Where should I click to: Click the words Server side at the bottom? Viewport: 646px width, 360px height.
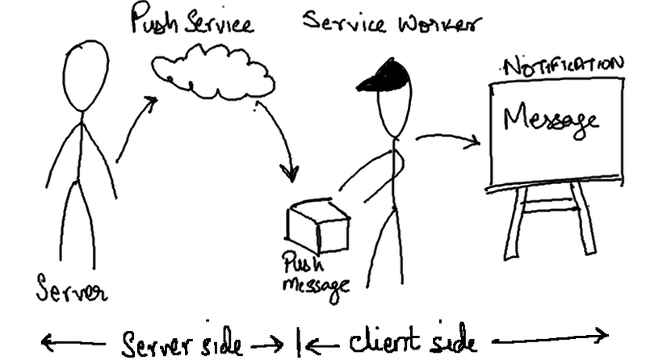pyautogui.click(x=182, y=342)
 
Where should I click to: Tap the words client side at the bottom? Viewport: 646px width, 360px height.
pyautogui.click(x=408, y=339)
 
